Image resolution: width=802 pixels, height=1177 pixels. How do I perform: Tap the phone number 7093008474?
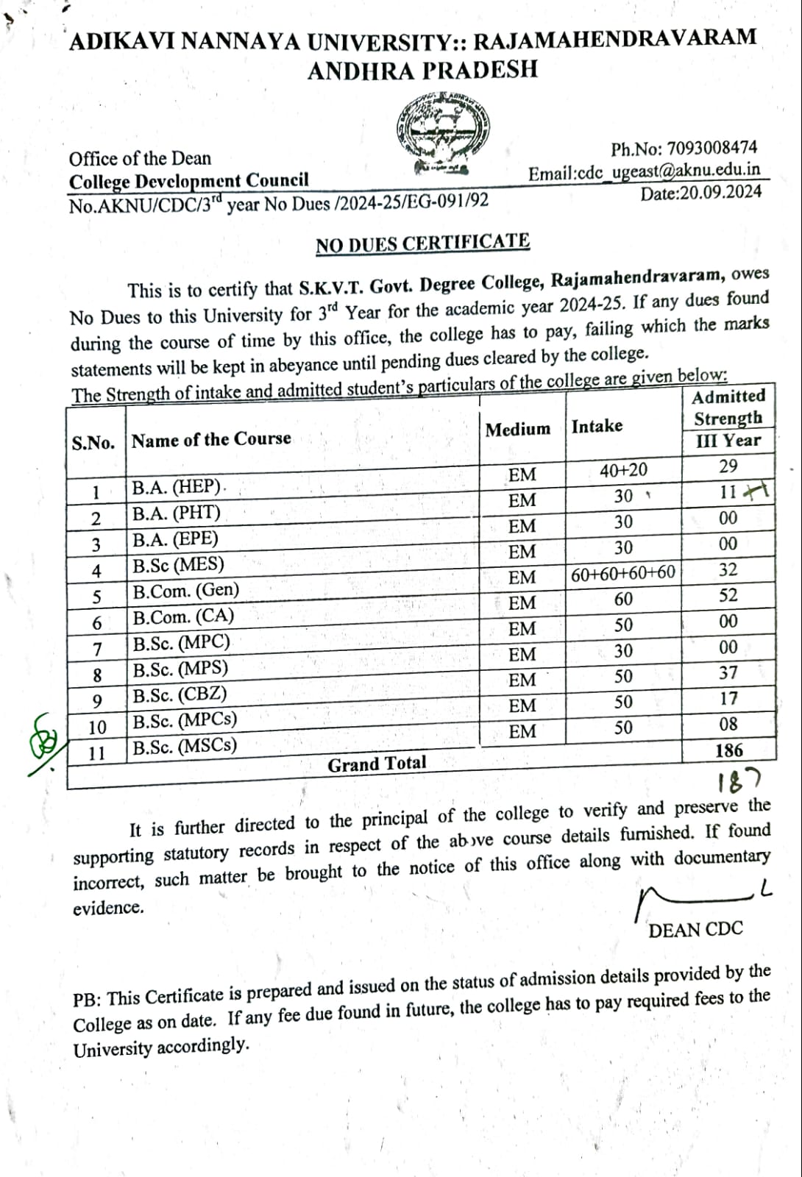(710, 149)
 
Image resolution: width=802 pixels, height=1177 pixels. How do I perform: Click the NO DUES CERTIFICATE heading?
(422, 243)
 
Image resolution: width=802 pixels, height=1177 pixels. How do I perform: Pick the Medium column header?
(517, 429)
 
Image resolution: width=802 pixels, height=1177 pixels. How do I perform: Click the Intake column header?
(597, 426)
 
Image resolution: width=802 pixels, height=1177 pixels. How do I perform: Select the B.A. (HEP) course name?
(177, 487)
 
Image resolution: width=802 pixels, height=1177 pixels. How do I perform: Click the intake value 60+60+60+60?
(623, 573)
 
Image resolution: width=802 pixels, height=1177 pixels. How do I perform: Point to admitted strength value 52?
(728, 596)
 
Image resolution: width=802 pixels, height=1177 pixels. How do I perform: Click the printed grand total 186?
(728, 750)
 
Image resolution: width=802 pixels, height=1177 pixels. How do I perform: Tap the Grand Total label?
(377, 764)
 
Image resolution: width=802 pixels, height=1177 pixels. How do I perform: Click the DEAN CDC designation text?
(695, 930)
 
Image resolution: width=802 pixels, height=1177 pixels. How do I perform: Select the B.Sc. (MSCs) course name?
(185, 746)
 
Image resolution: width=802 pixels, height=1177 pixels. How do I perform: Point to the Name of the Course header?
(211, 440)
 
